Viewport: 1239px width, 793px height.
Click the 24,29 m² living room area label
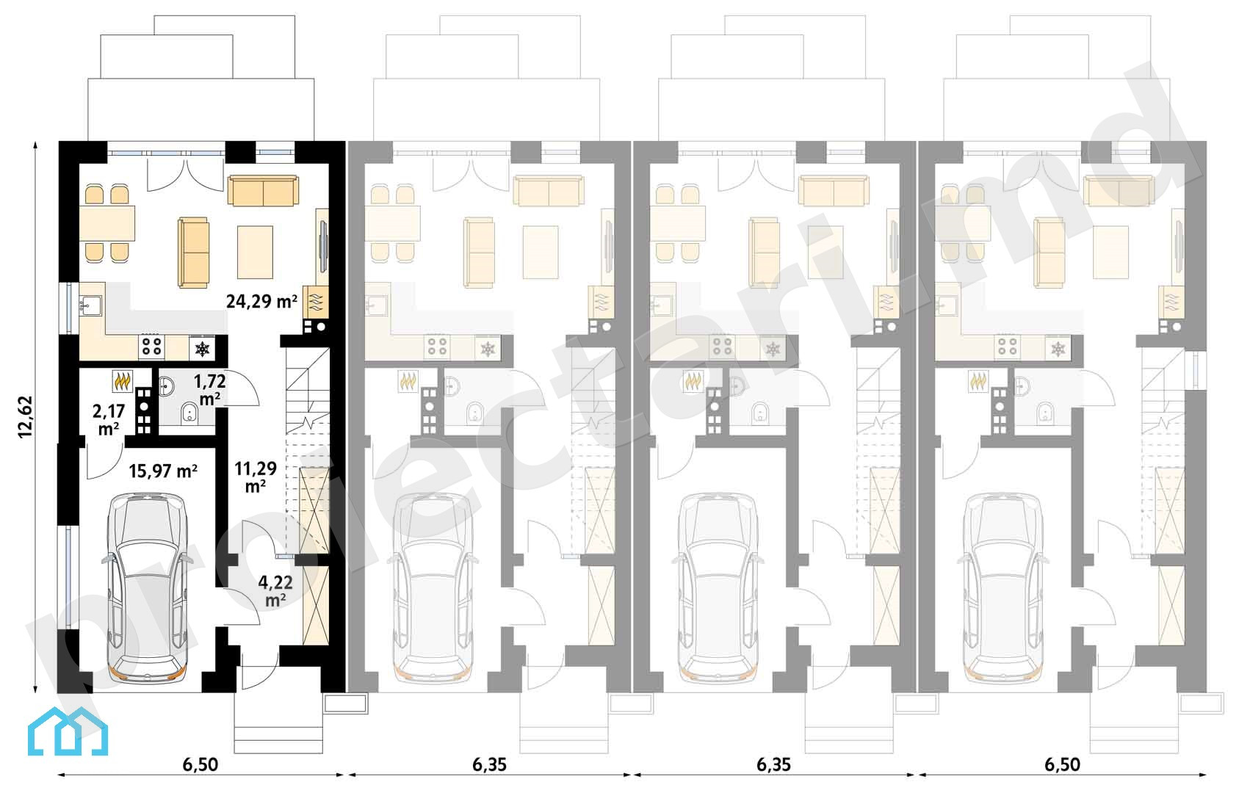[261, 301]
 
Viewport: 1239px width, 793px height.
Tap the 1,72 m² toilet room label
[209, 390]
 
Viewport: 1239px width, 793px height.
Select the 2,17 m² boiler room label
[109, 420]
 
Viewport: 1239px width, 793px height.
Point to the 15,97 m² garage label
[162, 471]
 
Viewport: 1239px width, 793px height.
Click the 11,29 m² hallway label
[256, 477]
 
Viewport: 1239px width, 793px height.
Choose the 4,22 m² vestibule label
[275, 590]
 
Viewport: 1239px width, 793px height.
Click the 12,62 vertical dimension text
[26, 417]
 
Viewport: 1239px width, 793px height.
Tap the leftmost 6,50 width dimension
[201, 765]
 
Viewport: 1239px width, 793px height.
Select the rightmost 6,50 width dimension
[1062, 765]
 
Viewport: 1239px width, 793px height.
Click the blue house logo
[68, 731]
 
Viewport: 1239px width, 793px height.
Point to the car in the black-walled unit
[147, 588]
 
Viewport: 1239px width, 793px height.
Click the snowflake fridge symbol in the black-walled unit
[203, 349]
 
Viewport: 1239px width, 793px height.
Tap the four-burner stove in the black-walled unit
[151, 347]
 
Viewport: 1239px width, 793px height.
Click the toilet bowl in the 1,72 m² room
[189, 413]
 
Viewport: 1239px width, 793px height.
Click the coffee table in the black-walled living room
[255, 252]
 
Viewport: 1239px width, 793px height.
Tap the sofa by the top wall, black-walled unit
[263, 191]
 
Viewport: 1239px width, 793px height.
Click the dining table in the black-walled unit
[107, 223]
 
